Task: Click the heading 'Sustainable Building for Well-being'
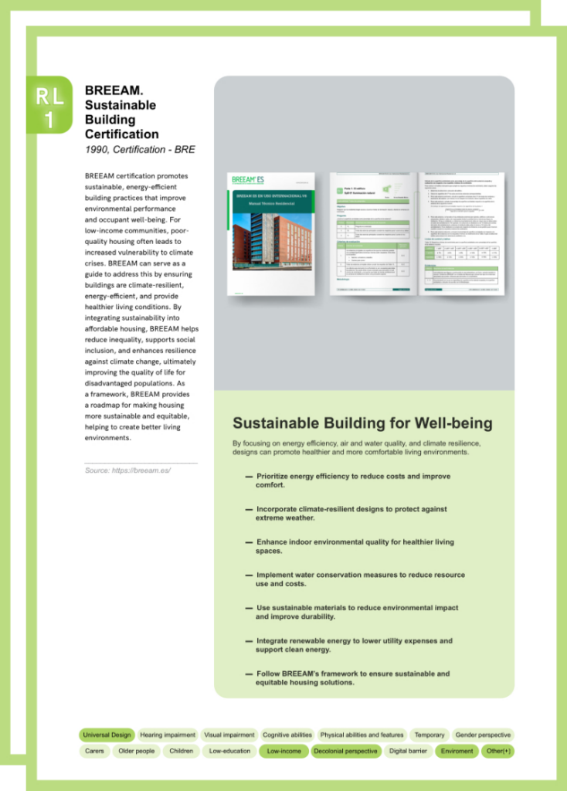tap(362, 423)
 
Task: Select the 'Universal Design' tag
tap(107, 735)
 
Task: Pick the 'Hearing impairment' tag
tap(168, 735)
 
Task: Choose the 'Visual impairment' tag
tap(229, 735)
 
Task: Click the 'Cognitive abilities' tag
tap(287, 735)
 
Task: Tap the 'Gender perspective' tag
tap(483, 735)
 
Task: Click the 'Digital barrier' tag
tap(409, 751)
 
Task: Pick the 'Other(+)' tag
tap(498, 751)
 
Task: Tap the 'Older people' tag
tap(136, 751)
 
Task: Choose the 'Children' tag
tap(181, 751)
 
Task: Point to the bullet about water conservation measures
tap(360, 579)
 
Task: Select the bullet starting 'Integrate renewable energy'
tap(354, 645)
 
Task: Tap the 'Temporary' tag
tap(429, 735)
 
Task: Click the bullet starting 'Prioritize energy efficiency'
tap(353, 480)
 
